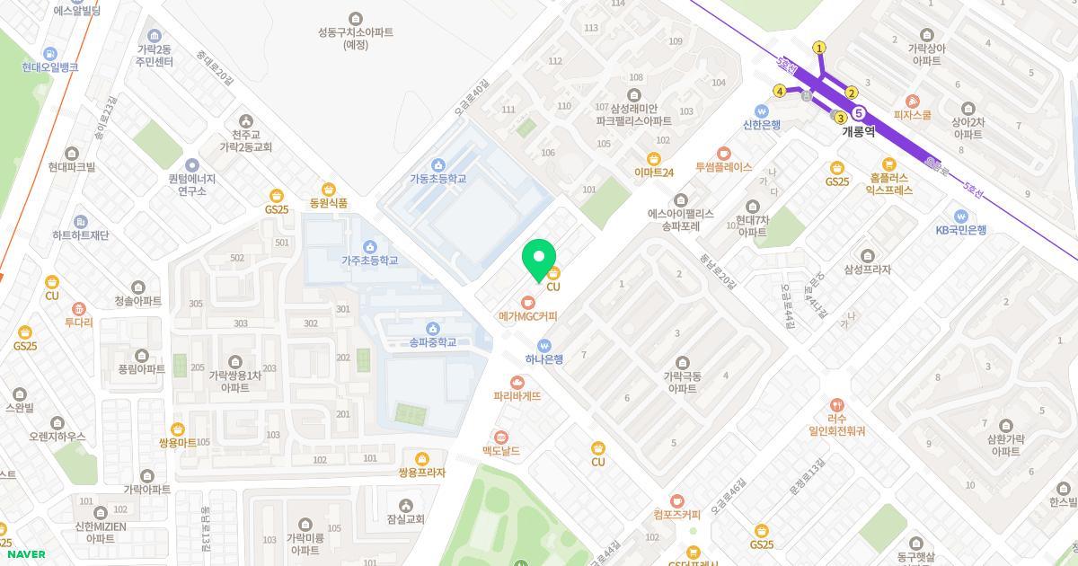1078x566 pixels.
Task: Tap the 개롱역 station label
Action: (858, 131)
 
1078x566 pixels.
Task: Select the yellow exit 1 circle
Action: (819, 48)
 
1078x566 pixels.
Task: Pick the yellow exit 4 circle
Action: (780, 91)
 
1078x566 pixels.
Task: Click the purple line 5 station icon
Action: (860, 113)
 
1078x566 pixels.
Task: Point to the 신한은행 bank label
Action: (762, 124)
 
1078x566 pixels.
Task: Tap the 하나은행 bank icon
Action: (543, 345)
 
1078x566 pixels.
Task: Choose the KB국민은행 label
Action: (960, 229)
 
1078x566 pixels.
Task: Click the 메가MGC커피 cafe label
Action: (528, 316)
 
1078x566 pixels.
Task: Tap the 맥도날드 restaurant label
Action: (501, 450)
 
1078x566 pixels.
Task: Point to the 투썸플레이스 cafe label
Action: (723, 167)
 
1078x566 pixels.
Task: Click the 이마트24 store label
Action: (653, 172)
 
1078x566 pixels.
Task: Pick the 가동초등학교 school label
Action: (437, 178)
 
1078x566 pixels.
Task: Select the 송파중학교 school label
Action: (433, 342)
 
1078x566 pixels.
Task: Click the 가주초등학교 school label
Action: (369, 261)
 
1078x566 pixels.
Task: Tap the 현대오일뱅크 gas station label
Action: (50, 67)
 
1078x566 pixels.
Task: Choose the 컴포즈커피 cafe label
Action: (677, 515)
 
